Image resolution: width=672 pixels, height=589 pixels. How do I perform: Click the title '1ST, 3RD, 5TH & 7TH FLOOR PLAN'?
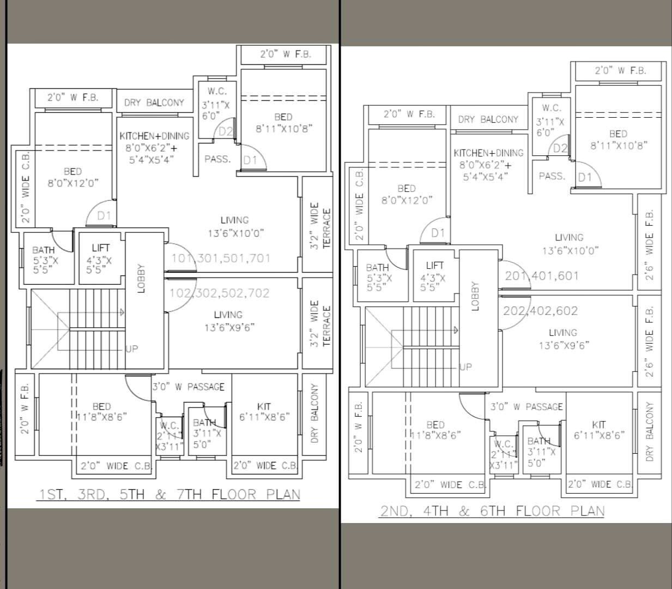169,495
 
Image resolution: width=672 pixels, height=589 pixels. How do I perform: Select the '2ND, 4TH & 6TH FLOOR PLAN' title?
492,511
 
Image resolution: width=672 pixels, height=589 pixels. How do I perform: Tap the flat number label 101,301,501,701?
221,258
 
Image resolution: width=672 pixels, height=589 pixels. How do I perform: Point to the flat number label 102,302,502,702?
220,293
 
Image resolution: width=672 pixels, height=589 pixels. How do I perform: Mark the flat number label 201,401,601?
542,276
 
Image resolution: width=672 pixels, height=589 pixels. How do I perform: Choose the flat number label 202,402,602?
541,311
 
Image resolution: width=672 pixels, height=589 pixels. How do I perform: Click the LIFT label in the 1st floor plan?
100,248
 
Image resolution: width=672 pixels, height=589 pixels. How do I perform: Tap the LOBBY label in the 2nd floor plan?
475,296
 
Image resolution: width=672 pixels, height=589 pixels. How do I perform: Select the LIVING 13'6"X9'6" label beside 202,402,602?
563,339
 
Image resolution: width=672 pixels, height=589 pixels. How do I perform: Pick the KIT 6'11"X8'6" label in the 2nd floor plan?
599,430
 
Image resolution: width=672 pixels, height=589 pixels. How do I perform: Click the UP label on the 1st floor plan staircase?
132,349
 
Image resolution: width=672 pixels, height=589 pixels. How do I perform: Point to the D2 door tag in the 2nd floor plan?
560,148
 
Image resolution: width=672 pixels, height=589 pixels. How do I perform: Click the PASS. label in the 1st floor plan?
217,159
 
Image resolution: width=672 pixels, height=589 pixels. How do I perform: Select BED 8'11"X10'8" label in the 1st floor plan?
283,123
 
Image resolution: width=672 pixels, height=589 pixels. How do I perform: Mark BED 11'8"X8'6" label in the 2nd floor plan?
435,430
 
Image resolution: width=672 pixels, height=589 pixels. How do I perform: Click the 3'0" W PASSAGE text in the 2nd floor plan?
526,406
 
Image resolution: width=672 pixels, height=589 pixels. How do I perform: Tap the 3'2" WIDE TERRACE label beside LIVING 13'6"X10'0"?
320,226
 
